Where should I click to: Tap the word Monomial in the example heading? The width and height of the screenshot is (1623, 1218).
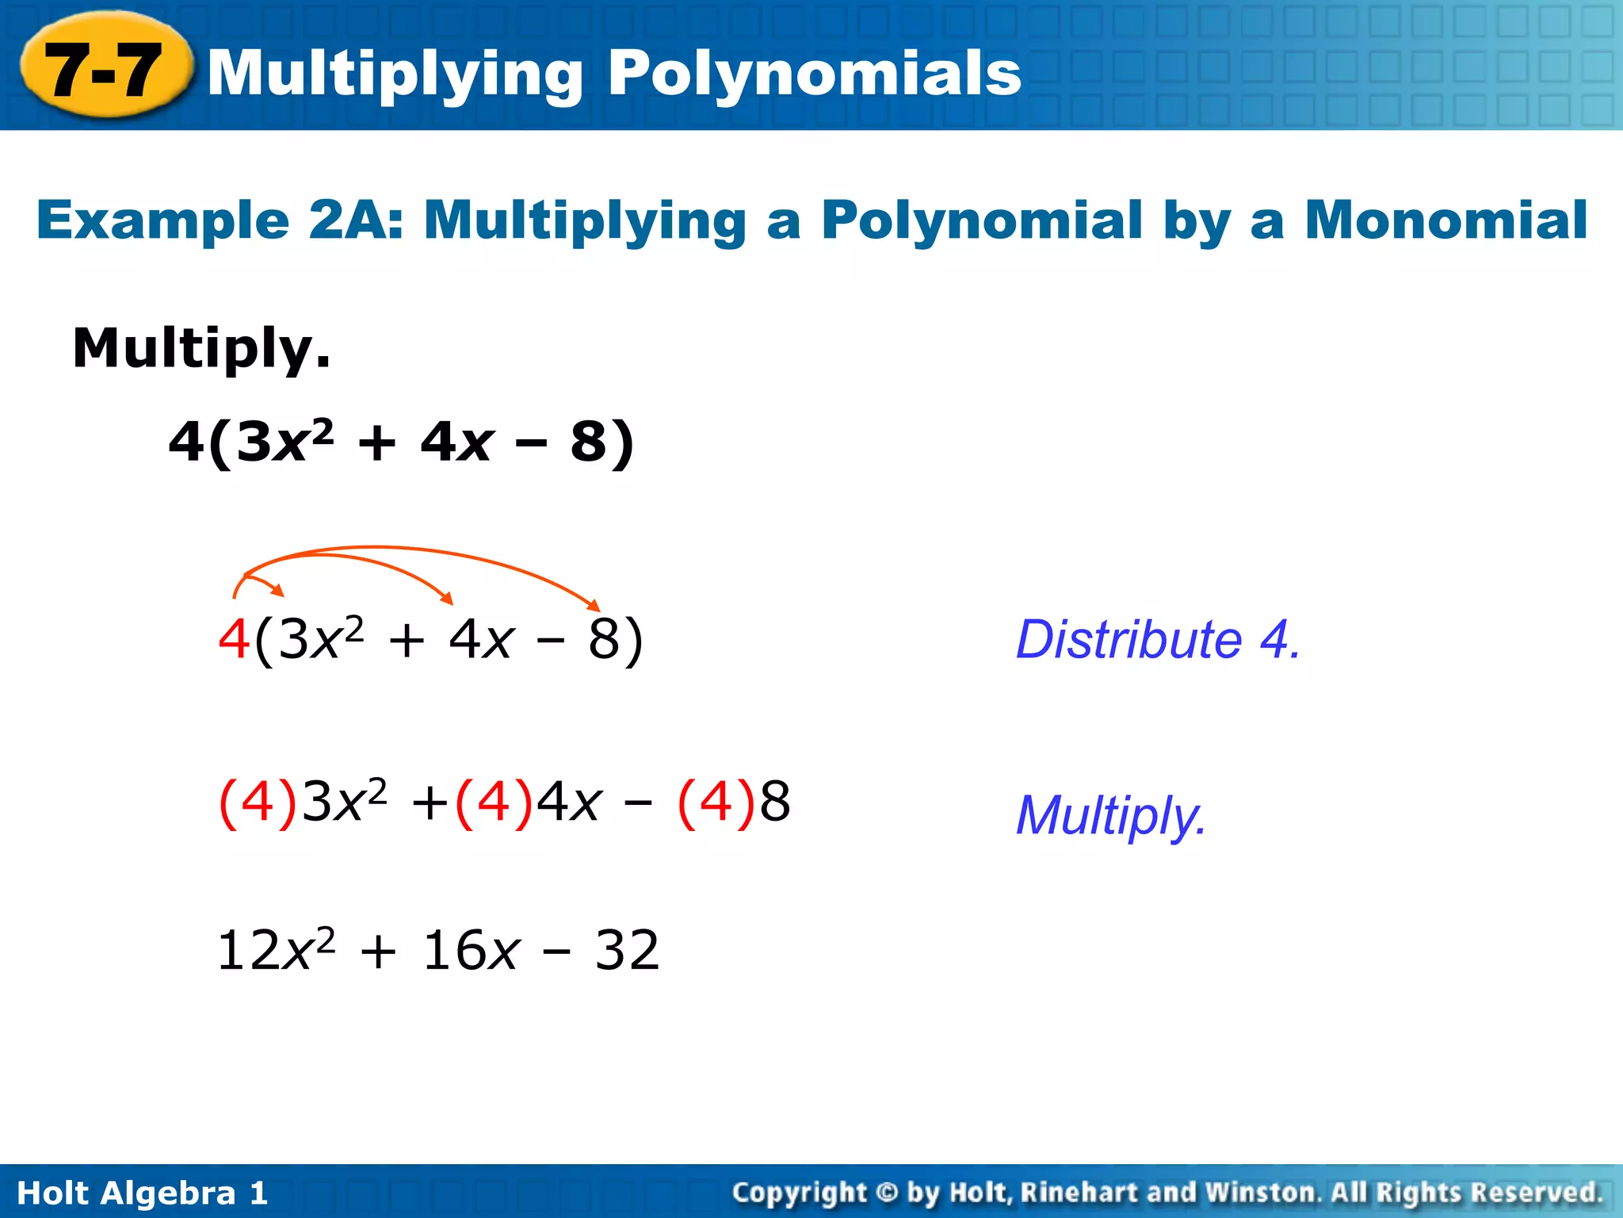coord(1445,220)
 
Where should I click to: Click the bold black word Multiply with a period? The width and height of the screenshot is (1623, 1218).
coord(201,349)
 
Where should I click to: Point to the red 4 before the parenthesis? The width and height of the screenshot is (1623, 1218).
coord(234,639)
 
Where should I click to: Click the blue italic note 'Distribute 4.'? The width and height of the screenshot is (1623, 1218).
coord(1158,639)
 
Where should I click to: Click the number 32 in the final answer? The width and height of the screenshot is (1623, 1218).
coord(627,950)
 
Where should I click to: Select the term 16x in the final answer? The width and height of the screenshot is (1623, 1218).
coord(471,950)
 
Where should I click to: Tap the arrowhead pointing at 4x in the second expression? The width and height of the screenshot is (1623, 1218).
coord(447,599)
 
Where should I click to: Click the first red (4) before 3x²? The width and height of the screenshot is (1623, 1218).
coord(258,802)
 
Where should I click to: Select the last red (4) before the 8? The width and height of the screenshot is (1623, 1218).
coord(716,802)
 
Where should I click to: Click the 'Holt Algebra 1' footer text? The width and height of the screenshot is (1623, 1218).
coord(143,1193)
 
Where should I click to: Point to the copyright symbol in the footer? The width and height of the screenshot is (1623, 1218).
coord(888,1192)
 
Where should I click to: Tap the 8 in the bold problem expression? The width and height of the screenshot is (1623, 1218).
coord(588,442)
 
